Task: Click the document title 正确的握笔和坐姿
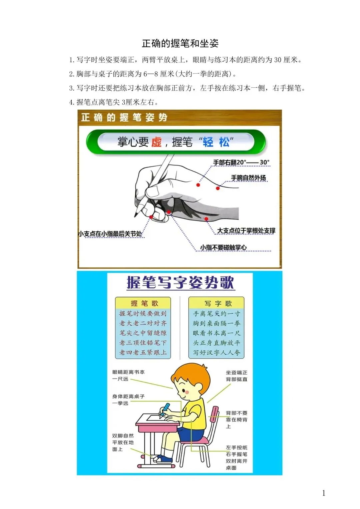pyautogui.click(x=180, y=43)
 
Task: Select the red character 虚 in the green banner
pyautogui.click(x=156, y=142)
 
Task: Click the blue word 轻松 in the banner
pyautogui.click(x=216, y=142)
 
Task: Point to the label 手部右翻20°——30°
pyautogui.click(x=241, y=162)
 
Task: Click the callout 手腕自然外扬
pyautogui.click(x=248, y=178)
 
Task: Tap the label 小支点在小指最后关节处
pyautogui.click(x=110, y=234)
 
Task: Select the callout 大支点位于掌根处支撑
pyautogui.click(x=246, y=231)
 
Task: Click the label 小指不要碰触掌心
pyautogui.click(x=223, y=247)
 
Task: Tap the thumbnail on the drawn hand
pyautogui.click(x=154, y=191)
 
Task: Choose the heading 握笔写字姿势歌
pyautogui.click(x=180, y=283)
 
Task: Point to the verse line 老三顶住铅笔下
pyautogui.click(x=143, y=343)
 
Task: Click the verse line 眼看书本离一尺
pyautogui.click(x=216, y=333)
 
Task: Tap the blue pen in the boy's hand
pyautogui.click(x=165, y=410)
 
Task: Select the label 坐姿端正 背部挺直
pyautogui.click(x=236, y=376)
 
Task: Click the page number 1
pyautogui.click(x=324, y=493)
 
